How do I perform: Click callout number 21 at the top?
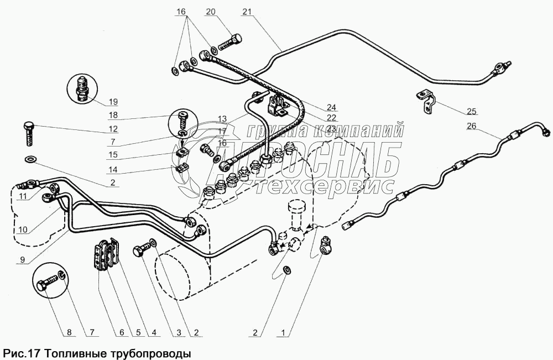coord(246,11)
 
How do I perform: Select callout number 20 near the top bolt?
coord(210,11)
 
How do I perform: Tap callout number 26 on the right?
coord(471,126)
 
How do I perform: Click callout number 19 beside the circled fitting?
coord(113,101)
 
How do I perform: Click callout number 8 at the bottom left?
coord(69,333)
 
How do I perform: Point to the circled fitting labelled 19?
coord(82,88)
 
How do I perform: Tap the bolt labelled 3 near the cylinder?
coord(140,252)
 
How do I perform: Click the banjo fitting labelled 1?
coord(326,244)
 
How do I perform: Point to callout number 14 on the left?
coord(113,169)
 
